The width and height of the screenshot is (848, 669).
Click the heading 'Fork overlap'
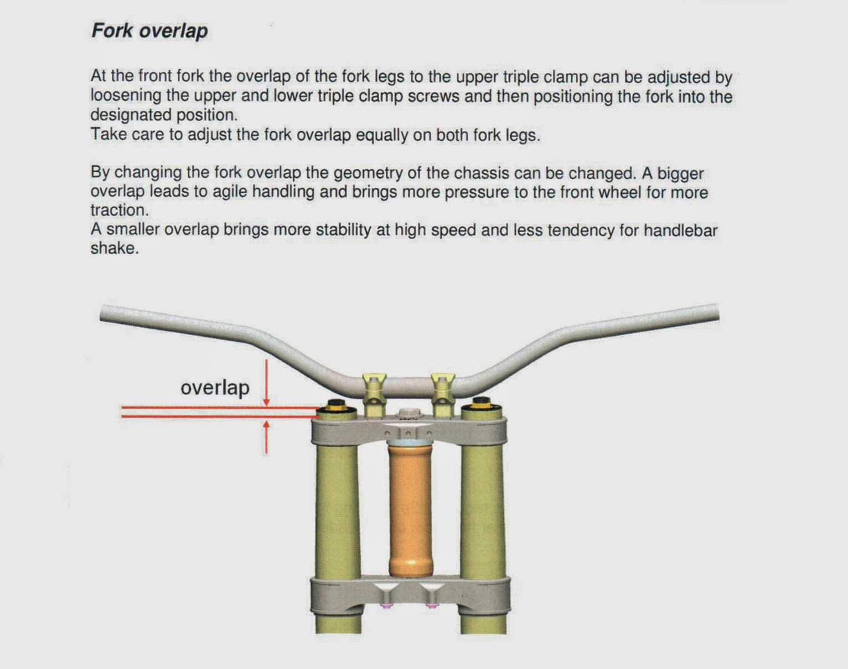[x=149, y=30]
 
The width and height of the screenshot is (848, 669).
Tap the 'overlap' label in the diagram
[x=215, y=387]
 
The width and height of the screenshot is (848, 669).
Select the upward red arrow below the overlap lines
[x=267, y=438]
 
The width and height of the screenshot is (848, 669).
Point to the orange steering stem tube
[x=410, y=510]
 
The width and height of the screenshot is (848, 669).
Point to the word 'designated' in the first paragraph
[x=131, y=115]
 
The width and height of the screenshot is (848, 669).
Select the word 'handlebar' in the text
[x=680, y=230]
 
